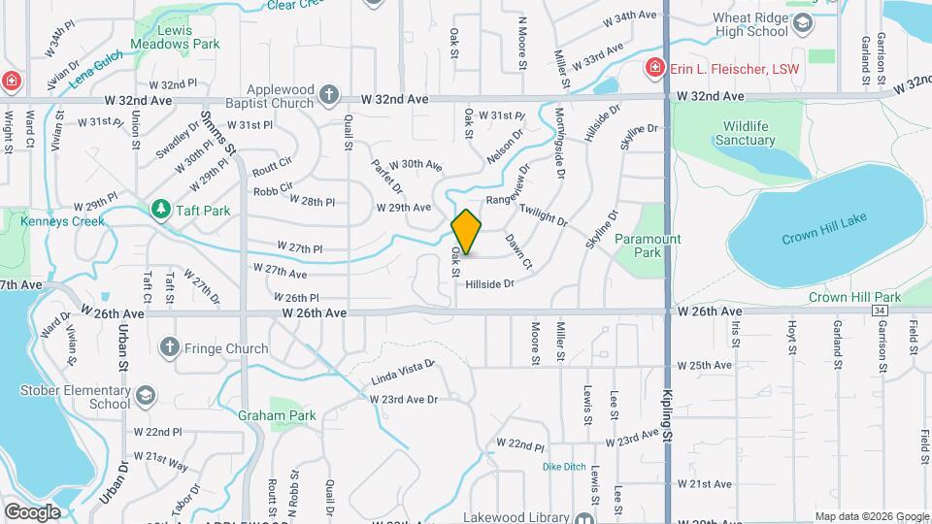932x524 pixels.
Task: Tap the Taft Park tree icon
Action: (158, 209)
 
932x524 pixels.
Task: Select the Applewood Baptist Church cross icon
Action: (330, 94)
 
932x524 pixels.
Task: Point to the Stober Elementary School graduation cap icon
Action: (145, 396)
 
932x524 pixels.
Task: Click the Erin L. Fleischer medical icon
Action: (656, 69)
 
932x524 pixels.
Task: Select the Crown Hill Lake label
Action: (823, 239)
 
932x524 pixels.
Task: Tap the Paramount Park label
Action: (649, 246)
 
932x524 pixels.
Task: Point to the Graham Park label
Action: (277, 415)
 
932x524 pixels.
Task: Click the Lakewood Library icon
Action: (585, 518)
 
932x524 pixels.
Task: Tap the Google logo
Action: (32, 511)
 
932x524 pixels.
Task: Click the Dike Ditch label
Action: (564, 467)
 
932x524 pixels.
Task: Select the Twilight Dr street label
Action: (543, 214)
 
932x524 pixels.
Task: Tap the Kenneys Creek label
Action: (62, 221)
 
